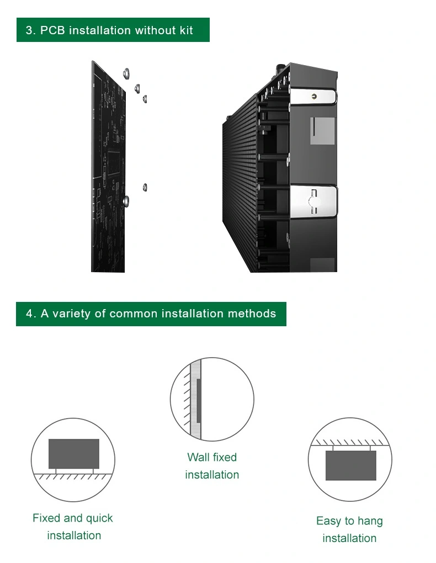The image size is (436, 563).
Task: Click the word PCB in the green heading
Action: (52, 30)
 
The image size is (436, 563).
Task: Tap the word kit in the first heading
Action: (187, 30)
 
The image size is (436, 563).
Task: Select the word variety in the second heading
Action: (71, 314)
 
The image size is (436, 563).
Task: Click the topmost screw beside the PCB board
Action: (126, 73)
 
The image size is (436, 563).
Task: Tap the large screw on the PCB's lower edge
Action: (126, 201)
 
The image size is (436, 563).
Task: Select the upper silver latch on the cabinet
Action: (313, 96)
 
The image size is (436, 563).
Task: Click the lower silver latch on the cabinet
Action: (313, 201)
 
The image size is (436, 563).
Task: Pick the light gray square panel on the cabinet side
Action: (322, 131)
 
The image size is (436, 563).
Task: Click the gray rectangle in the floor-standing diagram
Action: (73, 454)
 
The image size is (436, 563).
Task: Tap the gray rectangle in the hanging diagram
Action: (350, 465)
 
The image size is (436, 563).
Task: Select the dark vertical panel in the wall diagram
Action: (199, 400)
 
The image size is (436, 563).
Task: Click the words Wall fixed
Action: (212, 457)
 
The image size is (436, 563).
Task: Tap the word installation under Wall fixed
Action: (212, 475)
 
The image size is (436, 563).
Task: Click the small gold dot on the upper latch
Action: (314, 96)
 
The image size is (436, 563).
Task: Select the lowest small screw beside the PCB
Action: (145, 187)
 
